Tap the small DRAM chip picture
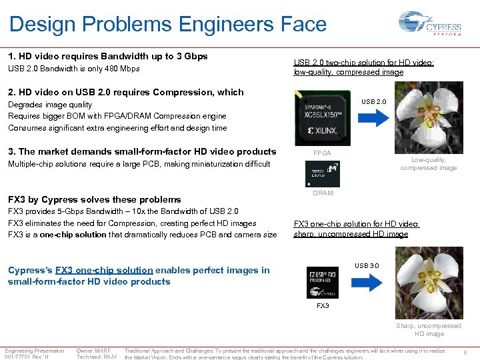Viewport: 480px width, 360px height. [x=322, y=174]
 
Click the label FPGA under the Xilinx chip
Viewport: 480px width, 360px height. [x=322, y=153]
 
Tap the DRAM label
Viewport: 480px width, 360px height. [x=323, y=193]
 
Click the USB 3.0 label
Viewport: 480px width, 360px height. [x=367, y=266]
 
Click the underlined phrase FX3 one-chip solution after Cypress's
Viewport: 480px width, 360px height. [x=104, y=270]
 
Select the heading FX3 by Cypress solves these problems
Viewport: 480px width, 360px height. [x=94, y=199]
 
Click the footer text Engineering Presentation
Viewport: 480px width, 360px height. [x=35, y=351]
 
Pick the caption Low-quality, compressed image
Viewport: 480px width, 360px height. [x=429, y=164]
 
